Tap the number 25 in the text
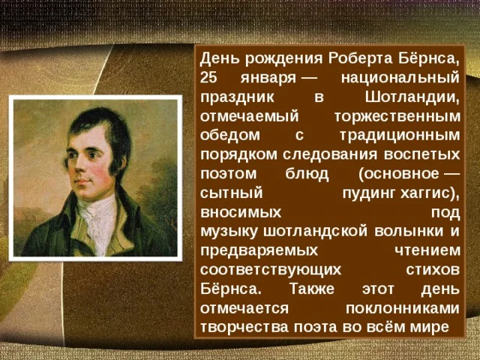click(x=209, y=78)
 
